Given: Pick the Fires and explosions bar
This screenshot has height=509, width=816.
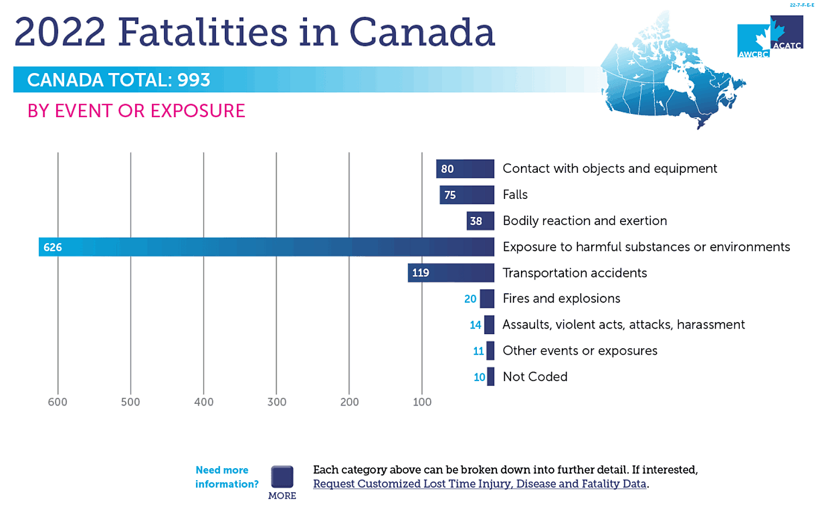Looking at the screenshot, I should coord(487,299).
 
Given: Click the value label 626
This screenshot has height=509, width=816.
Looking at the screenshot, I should coord(53,247).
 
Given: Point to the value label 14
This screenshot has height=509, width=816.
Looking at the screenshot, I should coord(475,325).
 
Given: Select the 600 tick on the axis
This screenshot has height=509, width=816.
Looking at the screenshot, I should coord(58,402).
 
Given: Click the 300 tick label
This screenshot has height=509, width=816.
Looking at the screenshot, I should coord(277,402).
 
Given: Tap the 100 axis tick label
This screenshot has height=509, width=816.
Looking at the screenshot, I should coord(422,402).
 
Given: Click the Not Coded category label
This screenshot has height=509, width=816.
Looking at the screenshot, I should coord(535,377).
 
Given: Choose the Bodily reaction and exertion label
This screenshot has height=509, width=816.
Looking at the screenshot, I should coord(585,221).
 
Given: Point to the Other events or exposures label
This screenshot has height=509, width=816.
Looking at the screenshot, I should coord(580,350).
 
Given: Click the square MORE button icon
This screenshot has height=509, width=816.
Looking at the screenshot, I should coord(282,477).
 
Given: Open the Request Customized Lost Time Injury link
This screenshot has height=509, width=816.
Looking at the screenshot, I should coord(480,484).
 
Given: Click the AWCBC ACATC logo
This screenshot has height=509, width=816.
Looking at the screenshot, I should coord(770,37).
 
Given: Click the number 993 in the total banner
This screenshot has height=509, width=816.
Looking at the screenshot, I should coord(193,80).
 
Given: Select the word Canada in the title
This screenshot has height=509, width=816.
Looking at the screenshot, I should coord(422,32).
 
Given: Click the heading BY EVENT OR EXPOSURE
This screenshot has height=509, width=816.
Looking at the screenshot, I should coord(136,111).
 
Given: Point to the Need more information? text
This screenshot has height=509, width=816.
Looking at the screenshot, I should coord(226,477).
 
